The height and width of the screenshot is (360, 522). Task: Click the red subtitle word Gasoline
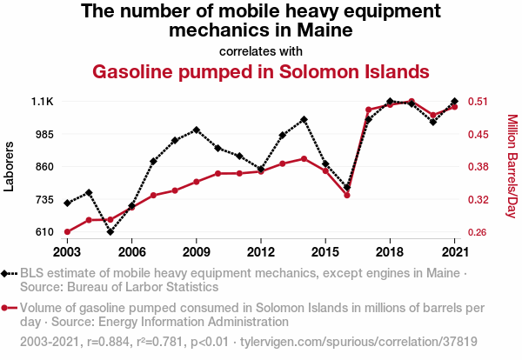143,70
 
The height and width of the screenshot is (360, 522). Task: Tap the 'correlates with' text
261,50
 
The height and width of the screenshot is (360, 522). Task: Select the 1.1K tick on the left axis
43,102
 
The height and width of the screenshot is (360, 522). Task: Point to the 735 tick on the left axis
43,199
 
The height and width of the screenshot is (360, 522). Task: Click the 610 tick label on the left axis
43,232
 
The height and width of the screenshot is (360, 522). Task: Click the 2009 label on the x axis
197,251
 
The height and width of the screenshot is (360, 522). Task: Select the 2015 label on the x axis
325,251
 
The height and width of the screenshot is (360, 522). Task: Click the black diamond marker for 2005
110,232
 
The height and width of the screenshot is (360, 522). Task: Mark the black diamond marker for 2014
304,119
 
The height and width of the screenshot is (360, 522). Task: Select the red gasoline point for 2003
67,232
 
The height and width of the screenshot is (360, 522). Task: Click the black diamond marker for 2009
197,130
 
